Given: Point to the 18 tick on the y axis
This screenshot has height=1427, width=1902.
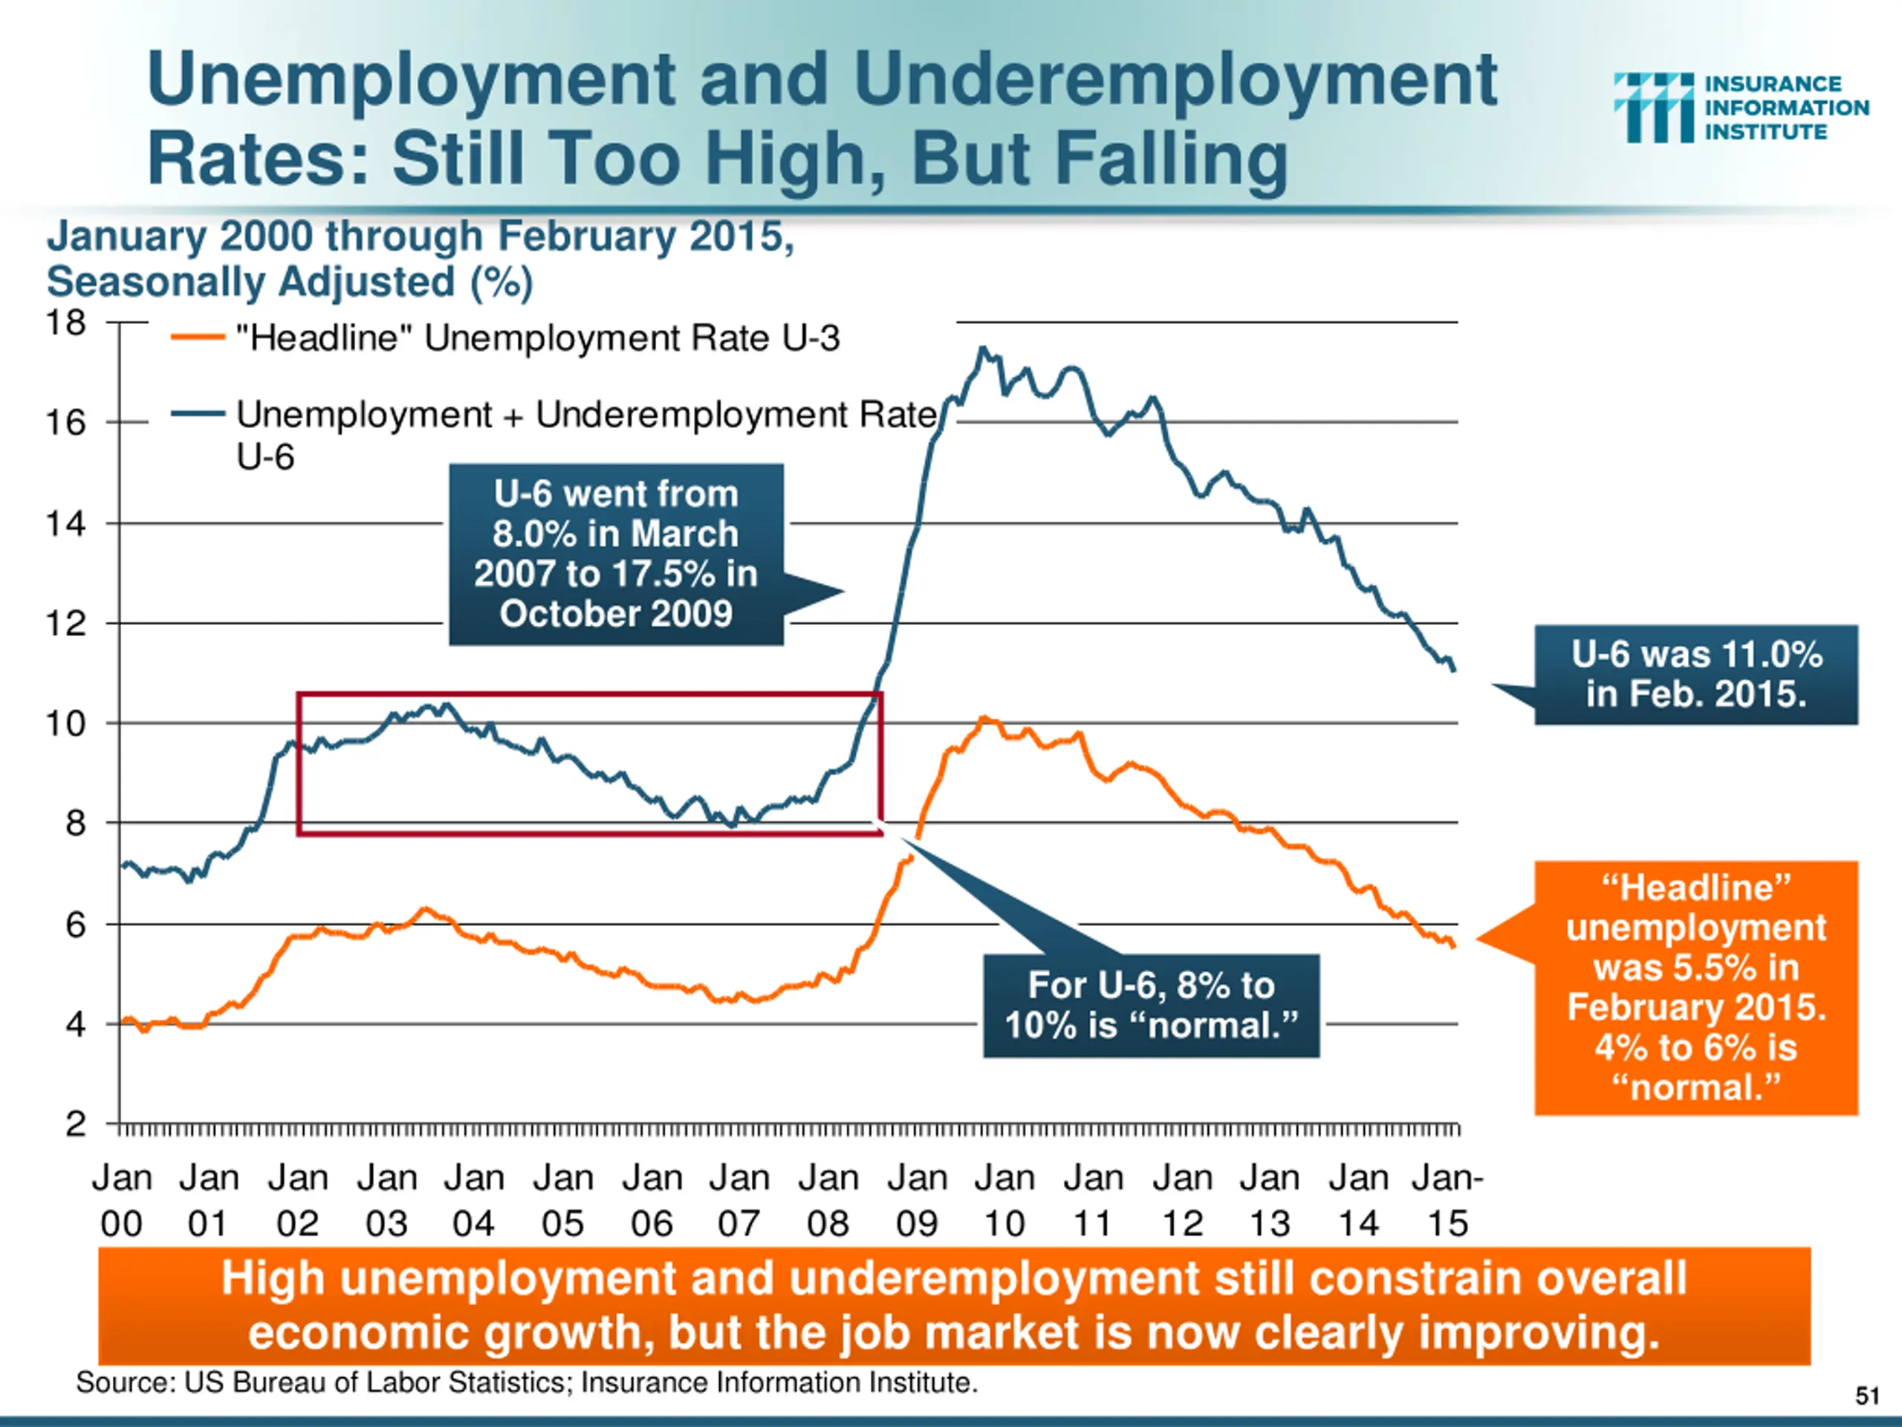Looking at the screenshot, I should pos(65,323).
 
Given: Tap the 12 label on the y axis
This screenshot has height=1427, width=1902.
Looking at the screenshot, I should pos(65,624).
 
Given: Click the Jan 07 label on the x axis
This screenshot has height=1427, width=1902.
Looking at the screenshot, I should pos(739,1200).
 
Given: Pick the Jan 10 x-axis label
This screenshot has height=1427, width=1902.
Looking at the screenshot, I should pos(1004,1200).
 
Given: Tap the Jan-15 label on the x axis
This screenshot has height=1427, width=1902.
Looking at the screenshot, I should pos(1448,1200).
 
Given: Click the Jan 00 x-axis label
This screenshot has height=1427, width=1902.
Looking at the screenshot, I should pos(121,1200).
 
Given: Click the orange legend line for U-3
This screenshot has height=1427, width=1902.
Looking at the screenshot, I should pos(198,337).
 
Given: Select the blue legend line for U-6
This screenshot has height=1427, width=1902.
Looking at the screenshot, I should pos(198,414).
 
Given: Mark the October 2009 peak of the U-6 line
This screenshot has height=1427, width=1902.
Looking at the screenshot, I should pos(982,349).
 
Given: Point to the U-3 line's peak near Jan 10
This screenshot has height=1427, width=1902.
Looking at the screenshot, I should pos(985,718).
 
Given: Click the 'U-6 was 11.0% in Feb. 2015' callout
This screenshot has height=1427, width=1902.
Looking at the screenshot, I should pos(1695,674).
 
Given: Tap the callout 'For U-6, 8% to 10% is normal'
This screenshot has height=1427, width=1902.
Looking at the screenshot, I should pos(1150,1005).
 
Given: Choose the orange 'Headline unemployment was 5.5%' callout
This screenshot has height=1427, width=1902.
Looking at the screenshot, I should pos(1695,988).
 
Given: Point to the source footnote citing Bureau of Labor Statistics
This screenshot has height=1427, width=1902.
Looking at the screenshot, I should pos(526,1383).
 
